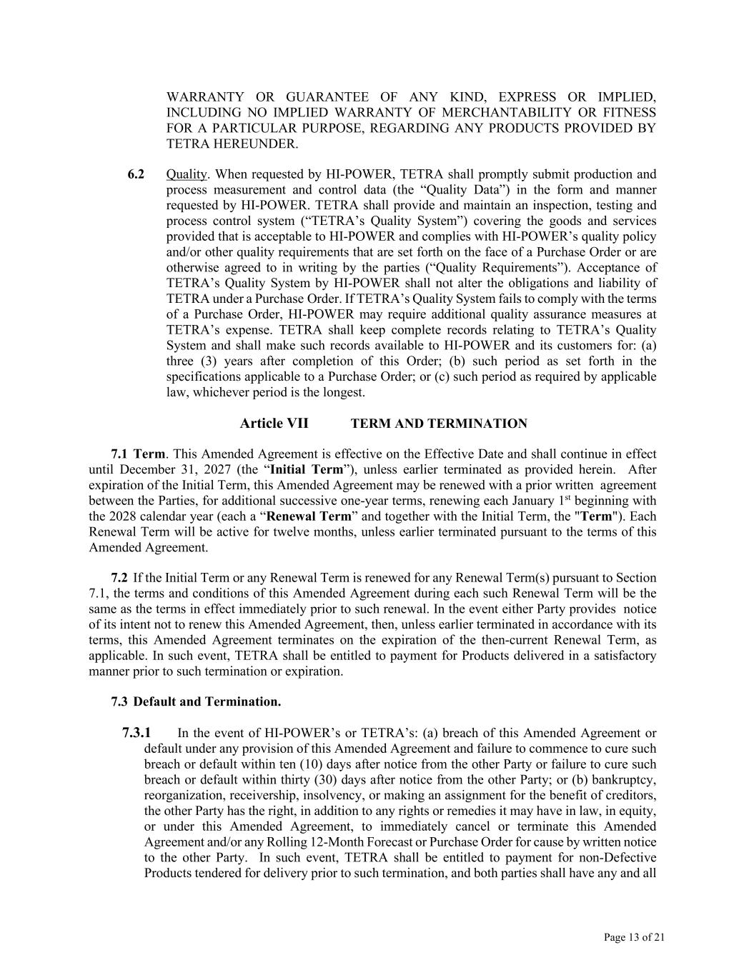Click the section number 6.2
point(136,174)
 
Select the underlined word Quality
point(187,174)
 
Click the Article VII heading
point(274,424)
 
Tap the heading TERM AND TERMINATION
point(439,424)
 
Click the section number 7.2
point(119,578)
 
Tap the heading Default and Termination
point(207,702)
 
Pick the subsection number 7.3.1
point(137,733)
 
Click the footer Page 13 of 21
point(634,937)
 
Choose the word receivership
point(261,795)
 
